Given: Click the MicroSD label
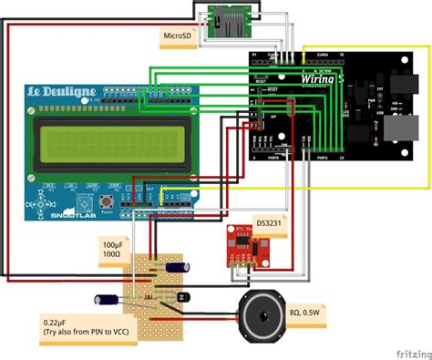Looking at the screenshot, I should coord(179,36).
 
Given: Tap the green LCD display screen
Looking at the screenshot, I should coord(99,143).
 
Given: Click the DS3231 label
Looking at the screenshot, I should coord(269,221).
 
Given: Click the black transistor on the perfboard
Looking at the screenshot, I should coord(182,296).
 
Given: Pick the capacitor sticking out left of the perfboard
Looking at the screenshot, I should coord(108,298).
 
